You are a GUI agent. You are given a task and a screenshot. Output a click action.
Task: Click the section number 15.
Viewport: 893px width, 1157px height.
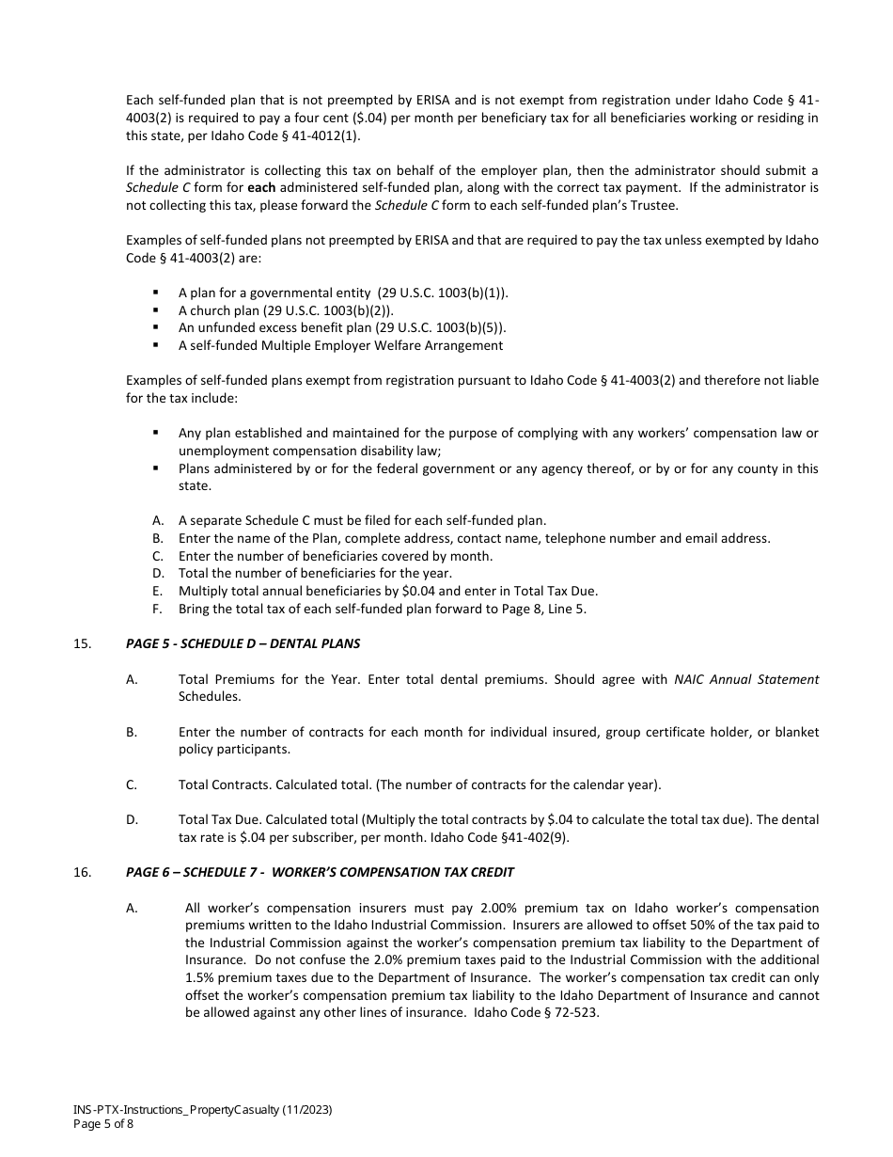(81, 644)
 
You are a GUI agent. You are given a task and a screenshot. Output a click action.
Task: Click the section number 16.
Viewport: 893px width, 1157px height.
(81, 872)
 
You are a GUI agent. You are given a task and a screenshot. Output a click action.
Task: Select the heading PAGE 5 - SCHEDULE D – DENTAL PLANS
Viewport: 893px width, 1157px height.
(243, 644)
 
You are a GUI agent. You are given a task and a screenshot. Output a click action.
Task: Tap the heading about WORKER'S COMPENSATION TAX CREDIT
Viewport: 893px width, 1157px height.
(320, 872)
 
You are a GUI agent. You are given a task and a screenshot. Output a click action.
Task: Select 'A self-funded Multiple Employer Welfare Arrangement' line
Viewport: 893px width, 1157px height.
(340, 345)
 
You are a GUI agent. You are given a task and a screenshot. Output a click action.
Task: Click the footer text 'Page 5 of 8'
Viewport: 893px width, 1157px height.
(103, 1124)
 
